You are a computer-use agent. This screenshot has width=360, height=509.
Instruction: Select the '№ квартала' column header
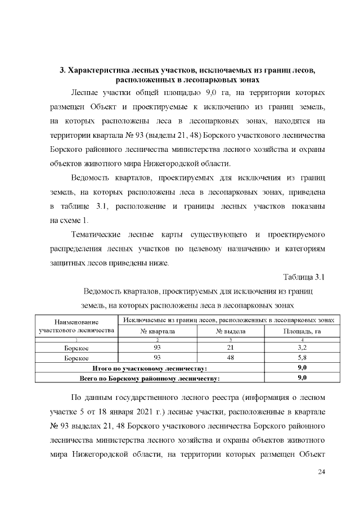157,331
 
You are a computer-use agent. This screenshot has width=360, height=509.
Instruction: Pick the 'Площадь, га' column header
301,331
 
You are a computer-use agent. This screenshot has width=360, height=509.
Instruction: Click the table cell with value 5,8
301,358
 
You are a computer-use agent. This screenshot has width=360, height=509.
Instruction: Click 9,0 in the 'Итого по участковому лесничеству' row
301,367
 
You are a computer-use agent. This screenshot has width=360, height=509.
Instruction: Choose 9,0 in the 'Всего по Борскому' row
301,377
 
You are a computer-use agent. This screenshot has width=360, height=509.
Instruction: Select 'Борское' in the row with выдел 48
76,358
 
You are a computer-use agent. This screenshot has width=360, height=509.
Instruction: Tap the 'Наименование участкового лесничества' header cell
76,326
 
